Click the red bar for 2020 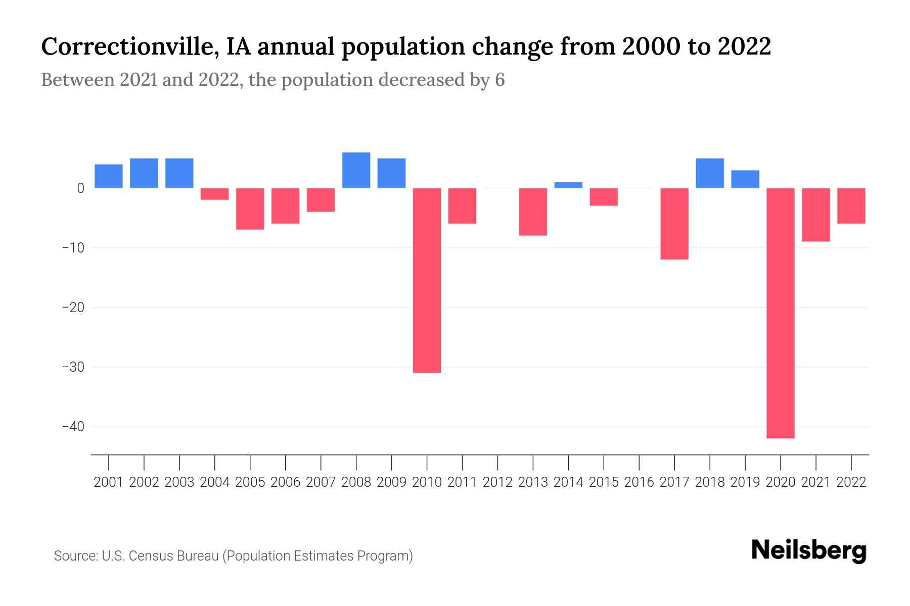[x=781, y=313]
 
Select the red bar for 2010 [x=427, y=280]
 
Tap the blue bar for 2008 [x=356, y=170]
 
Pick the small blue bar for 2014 [x=568, y=185]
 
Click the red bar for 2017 [x=674, y=224]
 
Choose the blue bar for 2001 [x=109, y=176]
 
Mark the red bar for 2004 [x=215, y=194]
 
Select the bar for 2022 [x=851, y=206]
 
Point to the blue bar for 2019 [x=745, y=179]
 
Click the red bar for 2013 [x=533, y=212]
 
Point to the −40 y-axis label [x=73, y=427]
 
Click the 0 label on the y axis [x=80, y=188]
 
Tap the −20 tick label [x=73, y=308]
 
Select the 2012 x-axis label [x=497, y=482]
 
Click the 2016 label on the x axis [x=639, y=482]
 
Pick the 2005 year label [x=250, y=482]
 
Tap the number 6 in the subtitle [x=499, y=80]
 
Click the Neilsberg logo [x=809, y=550]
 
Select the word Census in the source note [x=149, y=556]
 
